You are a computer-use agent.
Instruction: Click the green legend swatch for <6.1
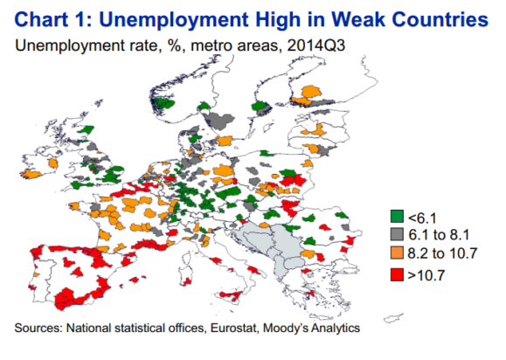[397, 217]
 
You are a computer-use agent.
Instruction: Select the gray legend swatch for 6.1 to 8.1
[397, 234]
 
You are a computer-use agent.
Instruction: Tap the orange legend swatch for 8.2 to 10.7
[397, 253]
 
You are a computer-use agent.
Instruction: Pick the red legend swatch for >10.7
[397, 275]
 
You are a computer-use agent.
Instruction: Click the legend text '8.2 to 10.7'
[442, 253]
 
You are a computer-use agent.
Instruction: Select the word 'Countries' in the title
[440, 19]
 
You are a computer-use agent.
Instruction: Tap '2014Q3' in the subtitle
[316, 45]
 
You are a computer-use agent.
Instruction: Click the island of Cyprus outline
[393, 318]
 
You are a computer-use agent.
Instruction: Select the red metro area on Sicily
[231, 296]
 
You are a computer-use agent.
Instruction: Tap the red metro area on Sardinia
[186, 282]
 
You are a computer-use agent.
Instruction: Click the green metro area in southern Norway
[164, 104]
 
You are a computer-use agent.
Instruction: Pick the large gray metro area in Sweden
[219, 120]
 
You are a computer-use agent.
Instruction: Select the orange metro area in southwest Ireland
[31, 174]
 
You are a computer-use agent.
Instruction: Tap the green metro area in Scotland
[87, 130]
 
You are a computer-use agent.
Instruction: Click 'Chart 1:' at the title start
[53, 19]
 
